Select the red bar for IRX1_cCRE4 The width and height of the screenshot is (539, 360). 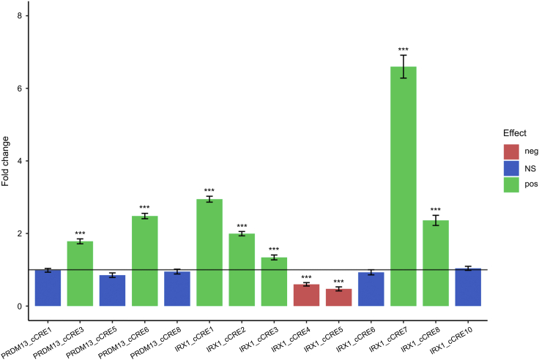tap(306, 295)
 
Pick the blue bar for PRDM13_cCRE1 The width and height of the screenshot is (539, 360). tap(48, 288)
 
